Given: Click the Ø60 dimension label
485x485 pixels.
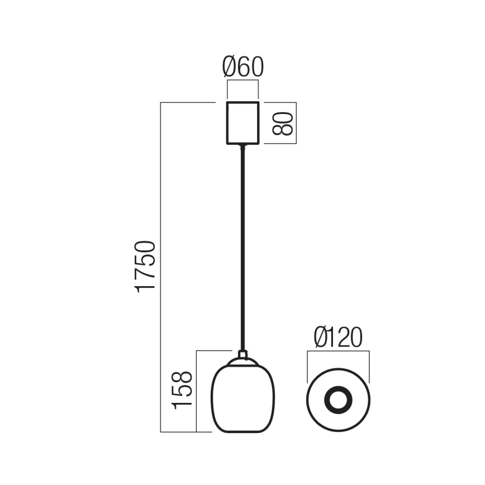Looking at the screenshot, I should [x=242, y=67].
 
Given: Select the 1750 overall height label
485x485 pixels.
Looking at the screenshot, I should [x=145, y=266].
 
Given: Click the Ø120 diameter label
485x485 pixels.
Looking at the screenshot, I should [x=338, y=337].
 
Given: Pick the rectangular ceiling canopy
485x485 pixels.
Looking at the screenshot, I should [x=242, y=123].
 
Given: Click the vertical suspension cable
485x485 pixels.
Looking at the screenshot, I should [x=242, y=246].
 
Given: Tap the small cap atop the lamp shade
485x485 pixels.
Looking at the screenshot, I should [x=242, y=354].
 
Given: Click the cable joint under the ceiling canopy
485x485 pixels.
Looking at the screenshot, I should [x=242, y=147].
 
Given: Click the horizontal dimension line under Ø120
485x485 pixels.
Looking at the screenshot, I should [x=338, y=351].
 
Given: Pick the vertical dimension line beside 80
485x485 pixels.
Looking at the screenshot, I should [x=296, y=123].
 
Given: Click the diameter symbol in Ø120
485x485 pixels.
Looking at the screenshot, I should [x=320, y=337].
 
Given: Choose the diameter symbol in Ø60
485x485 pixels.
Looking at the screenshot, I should [x=230, y=67].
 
